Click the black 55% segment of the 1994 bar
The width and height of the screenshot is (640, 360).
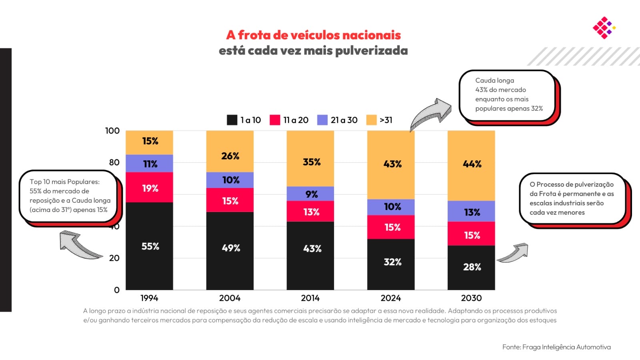149,246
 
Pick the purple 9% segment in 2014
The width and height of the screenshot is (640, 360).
310,194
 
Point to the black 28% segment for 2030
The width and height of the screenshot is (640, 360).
471,267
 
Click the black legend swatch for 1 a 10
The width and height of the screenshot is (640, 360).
232,120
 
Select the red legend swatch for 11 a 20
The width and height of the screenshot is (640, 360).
275,120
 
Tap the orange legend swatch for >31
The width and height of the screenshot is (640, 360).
372,120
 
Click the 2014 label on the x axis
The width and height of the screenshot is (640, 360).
310,298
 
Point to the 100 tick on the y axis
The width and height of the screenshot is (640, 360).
112,131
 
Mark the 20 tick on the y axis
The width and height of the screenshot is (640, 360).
114,258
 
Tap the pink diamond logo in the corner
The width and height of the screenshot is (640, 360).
604,28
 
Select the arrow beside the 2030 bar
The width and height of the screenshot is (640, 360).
513,253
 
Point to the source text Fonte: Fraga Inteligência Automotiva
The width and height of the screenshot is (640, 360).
556,347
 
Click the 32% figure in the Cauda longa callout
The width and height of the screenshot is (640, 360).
537,108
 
